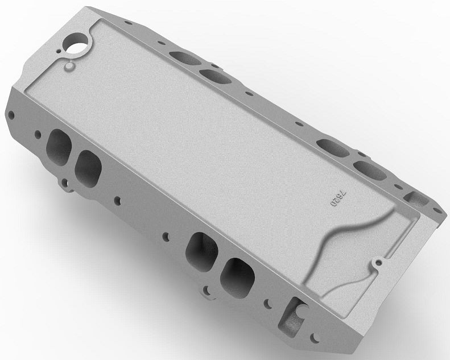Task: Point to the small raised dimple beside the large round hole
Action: [x=69, y=67]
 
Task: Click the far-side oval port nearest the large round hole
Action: [x=180, y=57]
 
